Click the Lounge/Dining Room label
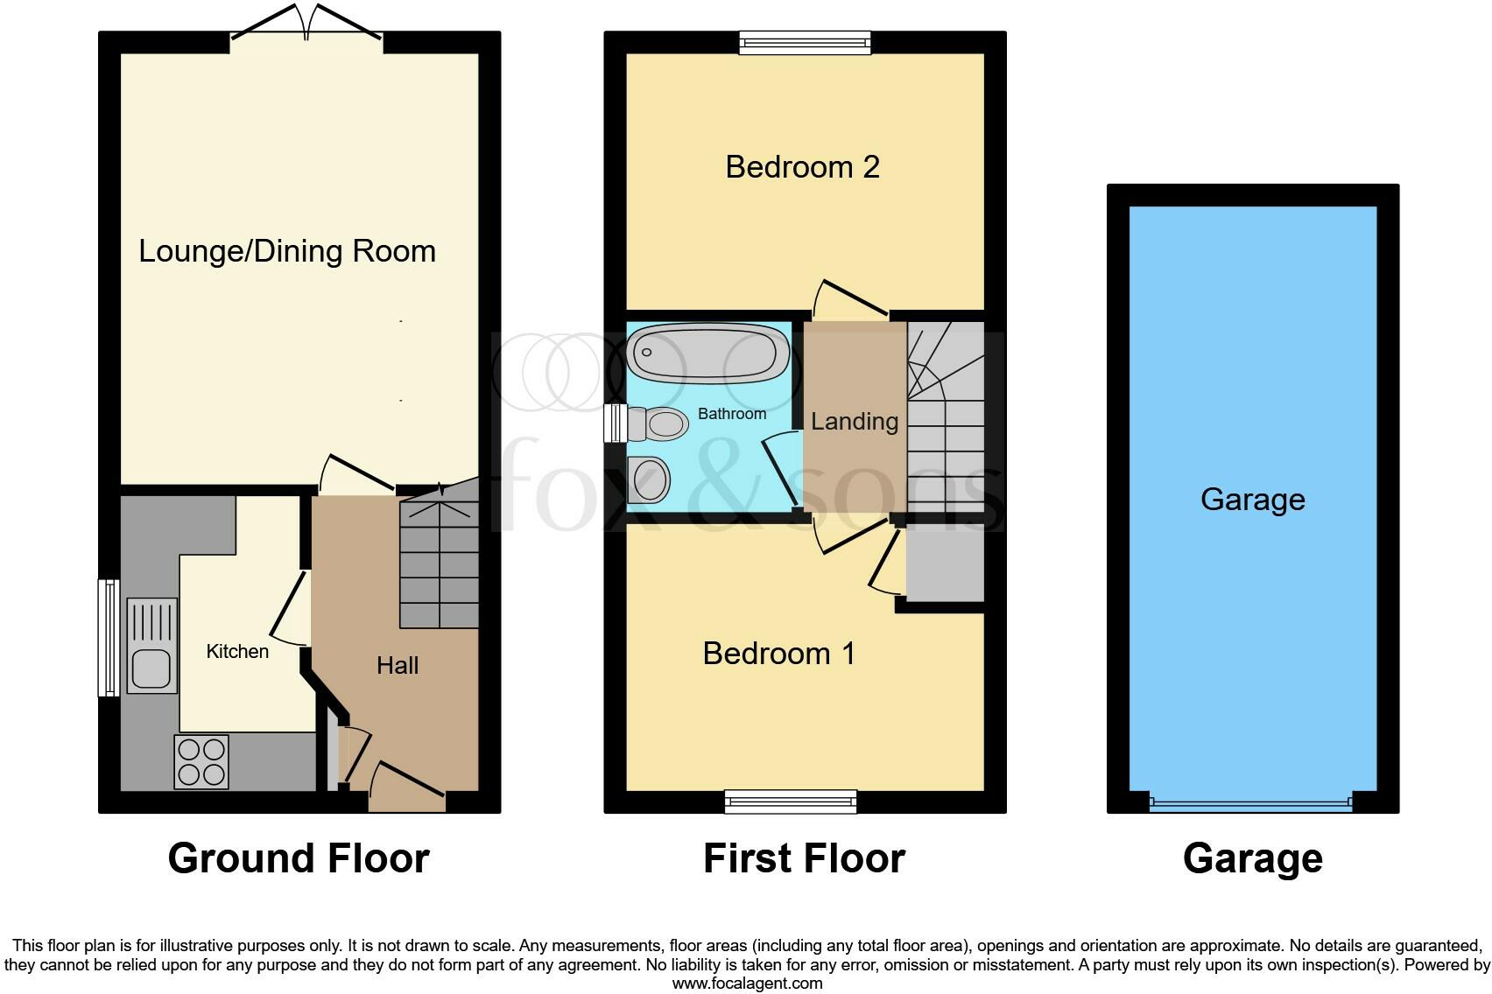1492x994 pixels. coord(287,252)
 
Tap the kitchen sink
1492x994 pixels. coord(152,645)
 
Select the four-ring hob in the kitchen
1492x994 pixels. coord(201,762)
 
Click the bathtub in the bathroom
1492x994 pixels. coord(708,353)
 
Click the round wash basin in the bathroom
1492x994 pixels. coord(651,480)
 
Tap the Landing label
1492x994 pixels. coord(855,422)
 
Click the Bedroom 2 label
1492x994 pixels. coord(802,167)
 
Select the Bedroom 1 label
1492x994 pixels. coord(778,654)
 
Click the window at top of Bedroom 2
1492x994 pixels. coord(805,42)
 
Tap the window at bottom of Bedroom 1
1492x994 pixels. coord(791,801)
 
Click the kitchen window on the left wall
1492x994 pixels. coord(109,638)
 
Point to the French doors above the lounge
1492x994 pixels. coord(306,26)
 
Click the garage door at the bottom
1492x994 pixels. coord(1251,803)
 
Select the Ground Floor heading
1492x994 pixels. coord(299,858)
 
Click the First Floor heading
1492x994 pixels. coord(804,858)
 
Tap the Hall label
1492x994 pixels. coord(398,666)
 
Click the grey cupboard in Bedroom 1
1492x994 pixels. coord(945,564)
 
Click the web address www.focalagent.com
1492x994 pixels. coord(747,983)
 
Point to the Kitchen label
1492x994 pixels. coord(237,652)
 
